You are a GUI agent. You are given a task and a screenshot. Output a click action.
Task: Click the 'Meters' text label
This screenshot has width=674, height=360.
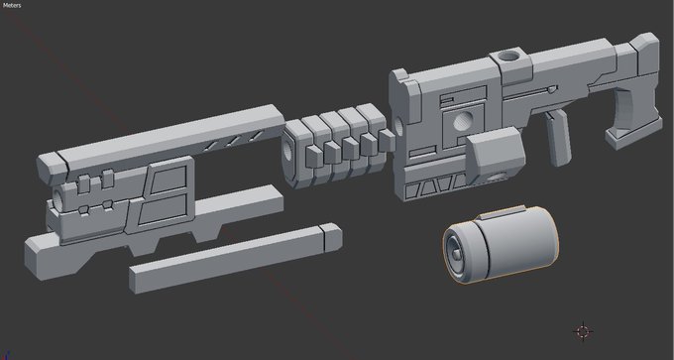(12, 6)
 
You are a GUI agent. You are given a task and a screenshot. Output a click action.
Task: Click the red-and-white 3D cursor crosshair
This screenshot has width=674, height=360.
(583, 331)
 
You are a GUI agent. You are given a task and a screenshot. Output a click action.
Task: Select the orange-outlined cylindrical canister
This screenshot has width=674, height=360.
(501, 244)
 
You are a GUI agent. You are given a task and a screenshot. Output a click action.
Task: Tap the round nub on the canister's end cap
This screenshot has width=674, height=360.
(456, 256)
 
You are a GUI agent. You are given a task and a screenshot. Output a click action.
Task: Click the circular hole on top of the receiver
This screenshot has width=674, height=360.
(510, 56)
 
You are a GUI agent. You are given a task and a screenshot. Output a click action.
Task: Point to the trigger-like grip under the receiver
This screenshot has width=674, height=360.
(558, 137)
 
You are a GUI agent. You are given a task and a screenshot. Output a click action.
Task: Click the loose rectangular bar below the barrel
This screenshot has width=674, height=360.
(236, 258)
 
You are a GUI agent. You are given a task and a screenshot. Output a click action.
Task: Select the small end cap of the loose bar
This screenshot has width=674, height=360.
(331, 237)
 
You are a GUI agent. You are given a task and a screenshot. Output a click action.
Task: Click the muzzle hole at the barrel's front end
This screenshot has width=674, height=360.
(57, 199)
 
